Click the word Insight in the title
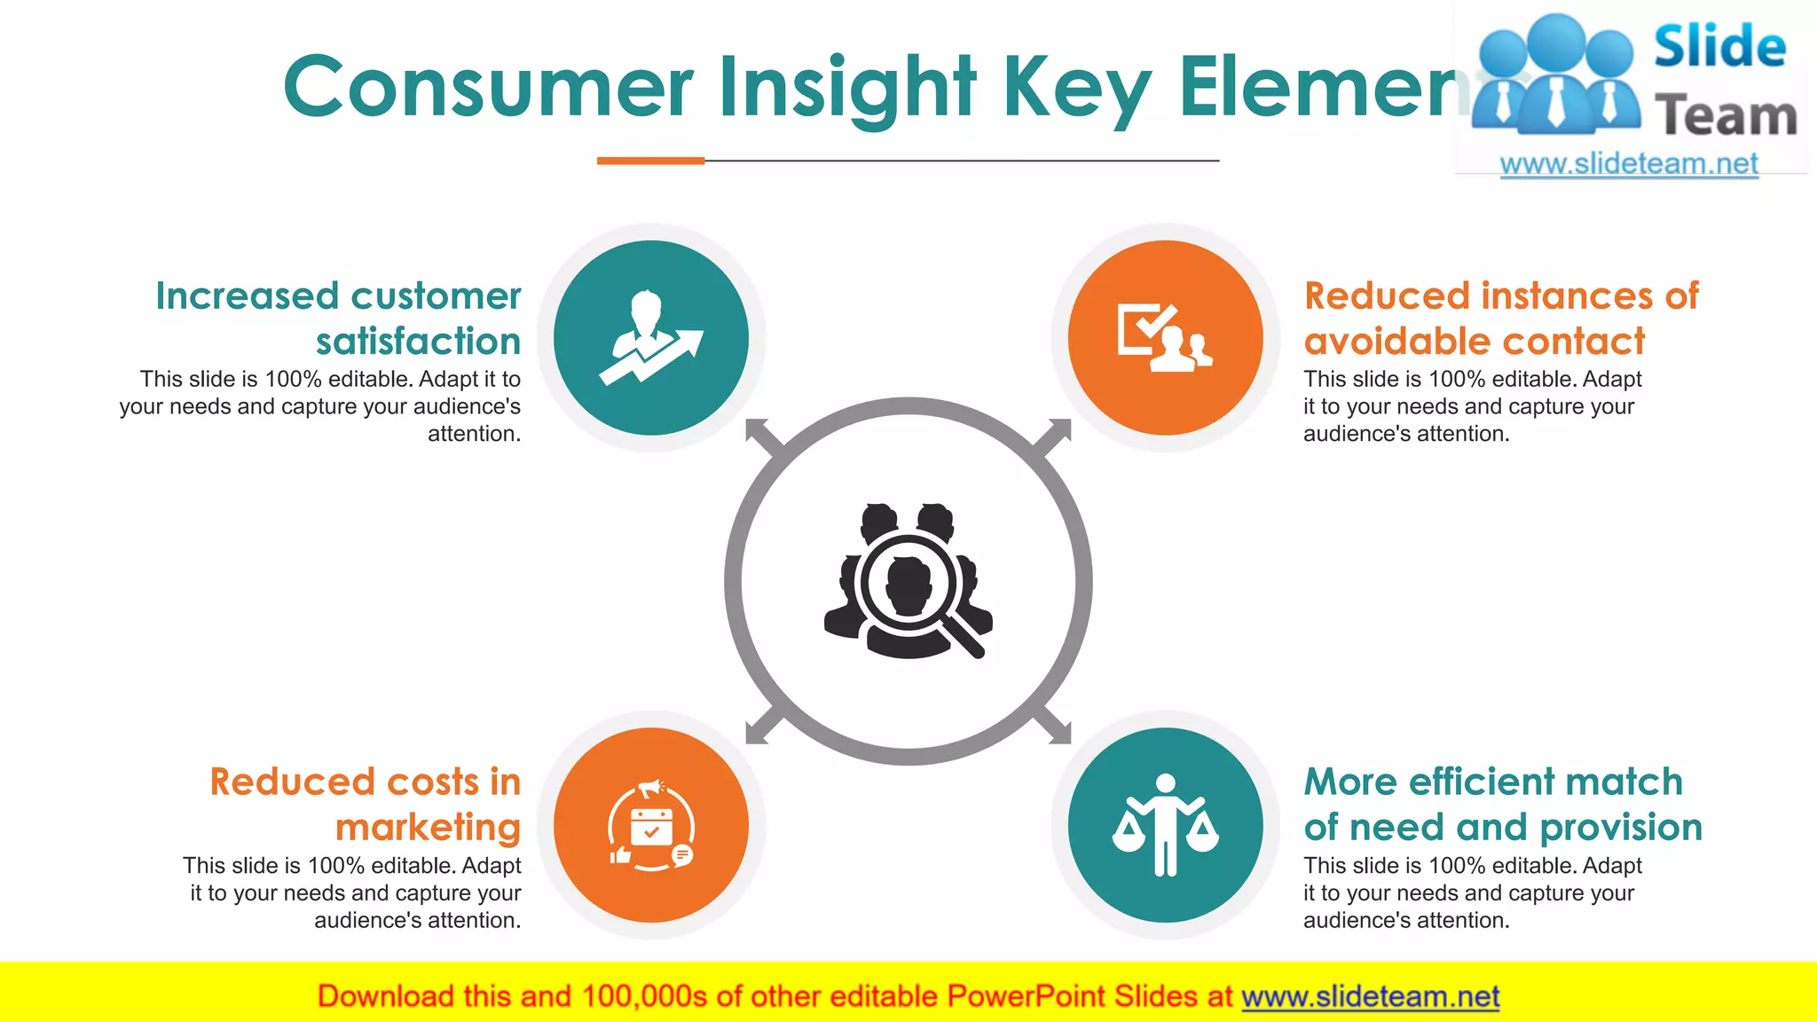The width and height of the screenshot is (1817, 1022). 846,87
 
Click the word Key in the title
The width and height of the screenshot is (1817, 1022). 1076,87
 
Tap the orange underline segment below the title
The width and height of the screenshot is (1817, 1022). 650,161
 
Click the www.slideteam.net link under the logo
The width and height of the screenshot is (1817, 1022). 1629,163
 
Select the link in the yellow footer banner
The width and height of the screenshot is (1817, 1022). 1370,996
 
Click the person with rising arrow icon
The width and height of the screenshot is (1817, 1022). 651,338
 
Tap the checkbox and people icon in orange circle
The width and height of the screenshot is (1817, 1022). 1165,338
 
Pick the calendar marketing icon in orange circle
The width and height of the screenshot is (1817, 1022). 651,826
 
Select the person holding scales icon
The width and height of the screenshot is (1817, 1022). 1165,826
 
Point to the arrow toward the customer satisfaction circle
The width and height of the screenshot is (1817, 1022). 761,434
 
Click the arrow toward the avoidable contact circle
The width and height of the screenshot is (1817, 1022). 1056,434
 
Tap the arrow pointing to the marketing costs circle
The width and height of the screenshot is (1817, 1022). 761,728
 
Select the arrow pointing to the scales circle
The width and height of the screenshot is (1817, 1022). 1056,728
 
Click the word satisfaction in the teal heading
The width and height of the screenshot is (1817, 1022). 418,342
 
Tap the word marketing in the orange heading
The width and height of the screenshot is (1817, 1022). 428,828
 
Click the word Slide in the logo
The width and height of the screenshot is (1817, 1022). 1719,47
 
